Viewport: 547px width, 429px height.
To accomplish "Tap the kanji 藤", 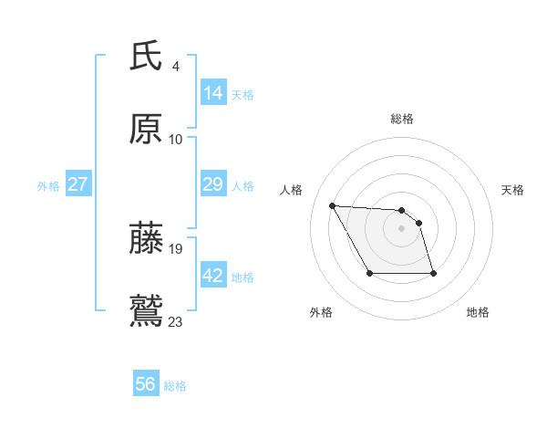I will [x=146, y=238].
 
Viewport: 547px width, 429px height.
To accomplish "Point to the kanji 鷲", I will [x=146, y=310].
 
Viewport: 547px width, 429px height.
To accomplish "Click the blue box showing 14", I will [x=213, y=93].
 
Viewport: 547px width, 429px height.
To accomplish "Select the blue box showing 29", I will [x=213, y=184].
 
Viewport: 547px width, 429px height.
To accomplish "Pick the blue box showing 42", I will [x=213, y=276].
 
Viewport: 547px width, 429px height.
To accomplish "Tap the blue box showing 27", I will [x=78, y=184].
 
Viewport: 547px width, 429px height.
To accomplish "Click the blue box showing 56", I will [x=146, y=384].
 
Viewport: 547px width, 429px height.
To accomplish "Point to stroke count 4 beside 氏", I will [x=176, y=67].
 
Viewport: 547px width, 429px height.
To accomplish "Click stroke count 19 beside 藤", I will [x=177, y=248].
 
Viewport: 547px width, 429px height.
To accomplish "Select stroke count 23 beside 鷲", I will [x=177, y=321].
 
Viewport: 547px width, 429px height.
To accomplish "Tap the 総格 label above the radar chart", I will [x=402, y=119].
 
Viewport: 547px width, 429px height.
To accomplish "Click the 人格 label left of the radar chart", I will [x=292, y=190].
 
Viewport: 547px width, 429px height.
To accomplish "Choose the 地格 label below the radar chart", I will [x=478, y=312].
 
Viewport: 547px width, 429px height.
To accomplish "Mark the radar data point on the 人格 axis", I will [x=332, y=205].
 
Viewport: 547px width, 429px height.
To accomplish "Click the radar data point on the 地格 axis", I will [x=433, y=273].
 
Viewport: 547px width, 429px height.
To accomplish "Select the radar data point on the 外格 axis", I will [x=369, y=273].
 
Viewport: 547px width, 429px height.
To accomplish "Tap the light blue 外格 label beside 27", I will [x=48, y=185].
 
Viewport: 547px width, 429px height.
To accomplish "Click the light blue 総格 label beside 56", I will [x=175, y=386].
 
